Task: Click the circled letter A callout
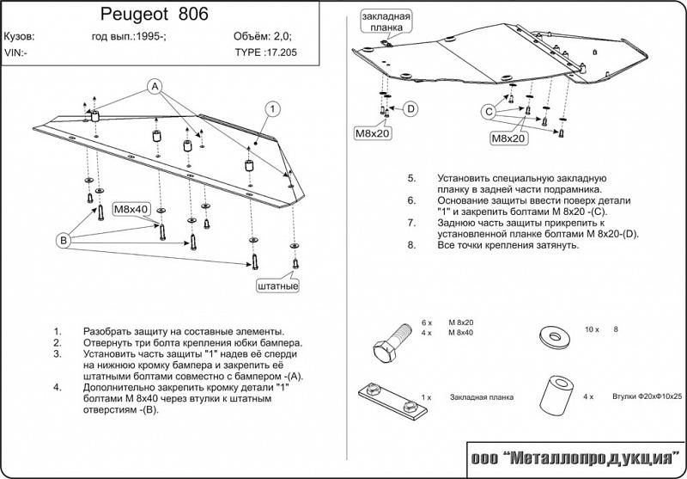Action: click(155, 87)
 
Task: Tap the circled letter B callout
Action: click(64, 241)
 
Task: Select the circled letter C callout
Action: click(489, 113)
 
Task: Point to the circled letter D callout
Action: click(410, 108)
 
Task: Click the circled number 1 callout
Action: click(272, 108)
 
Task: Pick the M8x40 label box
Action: click(131, 209)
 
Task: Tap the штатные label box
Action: click(277, 286)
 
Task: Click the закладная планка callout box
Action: click(386, 22)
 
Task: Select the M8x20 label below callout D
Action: click(372, 133)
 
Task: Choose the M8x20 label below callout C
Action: click(508, 138)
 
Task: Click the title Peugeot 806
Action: click(155, 15)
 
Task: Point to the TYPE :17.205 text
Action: click(265, 52)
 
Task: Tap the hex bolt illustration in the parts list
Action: click(392, 343)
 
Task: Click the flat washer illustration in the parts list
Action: click(555, 336)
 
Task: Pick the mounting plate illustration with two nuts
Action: click(392, 401)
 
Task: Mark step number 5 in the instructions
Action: click(411, 179)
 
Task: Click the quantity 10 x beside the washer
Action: click(592, 329)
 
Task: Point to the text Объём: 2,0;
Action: click(263, 36)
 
